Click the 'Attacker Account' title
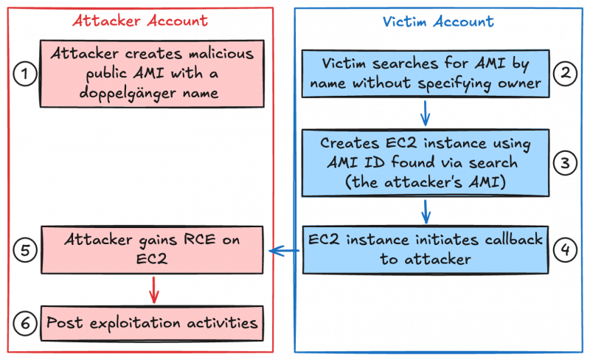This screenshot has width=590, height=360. tap(139, 21)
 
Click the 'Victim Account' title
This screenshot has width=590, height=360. tap(437, 21)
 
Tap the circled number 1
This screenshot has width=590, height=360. tap(25, 73)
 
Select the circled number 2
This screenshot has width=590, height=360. tap(566, 73)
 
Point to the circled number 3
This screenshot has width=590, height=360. tap(566, 162)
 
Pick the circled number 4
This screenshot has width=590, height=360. tap(566, 250)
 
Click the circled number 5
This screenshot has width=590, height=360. tap(25, 250)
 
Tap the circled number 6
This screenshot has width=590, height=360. tap(25, 323)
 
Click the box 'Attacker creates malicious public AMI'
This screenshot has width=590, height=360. tap(151, 74)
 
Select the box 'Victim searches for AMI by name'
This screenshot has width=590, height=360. tap(426, 74)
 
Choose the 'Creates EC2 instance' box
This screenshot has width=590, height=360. tap(426, 162)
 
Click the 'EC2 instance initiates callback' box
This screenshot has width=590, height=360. tap(426, 249)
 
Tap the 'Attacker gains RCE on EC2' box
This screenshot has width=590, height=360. tap(151, 249)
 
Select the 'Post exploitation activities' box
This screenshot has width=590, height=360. tap(151, 323)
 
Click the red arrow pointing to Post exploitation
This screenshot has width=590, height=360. tap(153, 289)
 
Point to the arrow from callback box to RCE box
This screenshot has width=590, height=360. tap(284, 252)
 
